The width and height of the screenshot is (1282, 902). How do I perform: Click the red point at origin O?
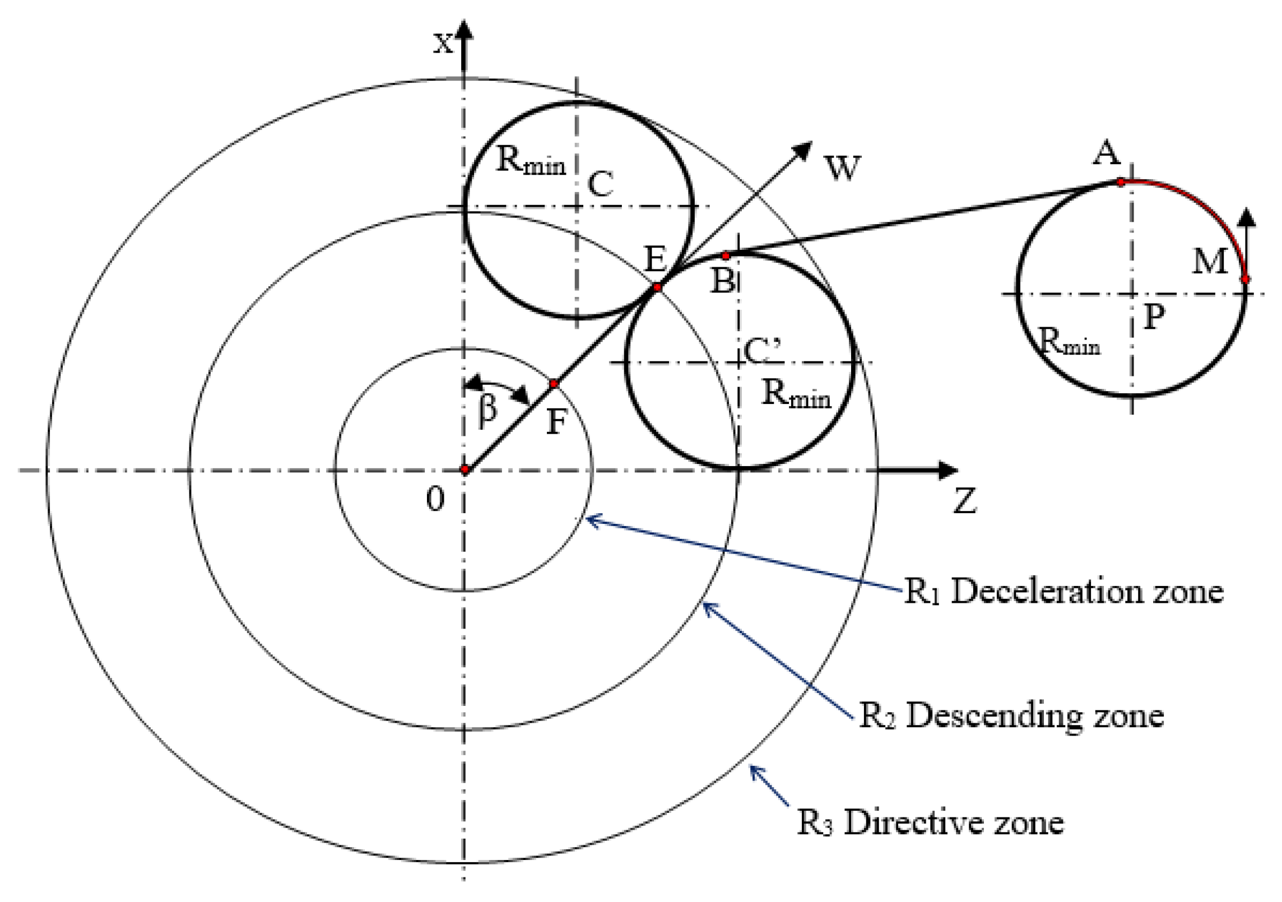pos(465,469)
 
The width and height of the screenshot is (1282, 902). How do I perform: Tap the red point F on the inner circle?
pos(554,384)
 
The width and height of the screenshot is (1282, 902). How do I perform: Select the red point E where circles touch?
pos(657,287)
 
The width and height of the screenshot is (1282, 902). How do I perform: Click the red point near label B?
pos(726,256)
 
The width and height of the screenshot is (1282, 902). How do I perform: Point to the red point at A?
pos(1121,182)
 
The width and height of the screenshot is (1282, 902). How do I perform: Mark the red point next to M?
pos(1245,279)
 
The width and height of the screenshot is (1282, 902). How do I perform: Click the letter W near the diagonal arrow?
pos(842,168)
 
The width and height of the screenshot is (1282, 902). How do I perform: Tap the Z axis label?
pos(965,500)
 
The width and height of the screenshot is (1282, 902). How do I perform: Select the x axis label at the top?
pos(443,43)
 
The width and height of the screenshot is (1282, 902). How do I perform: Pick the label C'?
pos(762,351)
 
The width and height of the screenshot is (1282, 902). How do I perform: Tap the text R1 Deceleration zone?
pos(1063,592)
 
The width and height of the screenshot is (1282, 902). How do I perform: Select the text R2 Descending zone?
pos(1011,715)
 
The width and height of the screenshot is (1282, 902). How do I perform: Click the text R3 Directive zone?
pos(930,822)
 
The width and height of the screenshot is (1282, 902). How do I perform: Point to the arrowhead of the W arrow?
pos(806,149)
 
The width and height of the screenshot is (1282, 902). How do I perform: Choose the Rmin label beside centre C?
pos(531,160)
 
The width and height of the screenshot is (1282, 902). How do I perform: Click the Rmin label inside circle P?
pos(1069,341)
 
